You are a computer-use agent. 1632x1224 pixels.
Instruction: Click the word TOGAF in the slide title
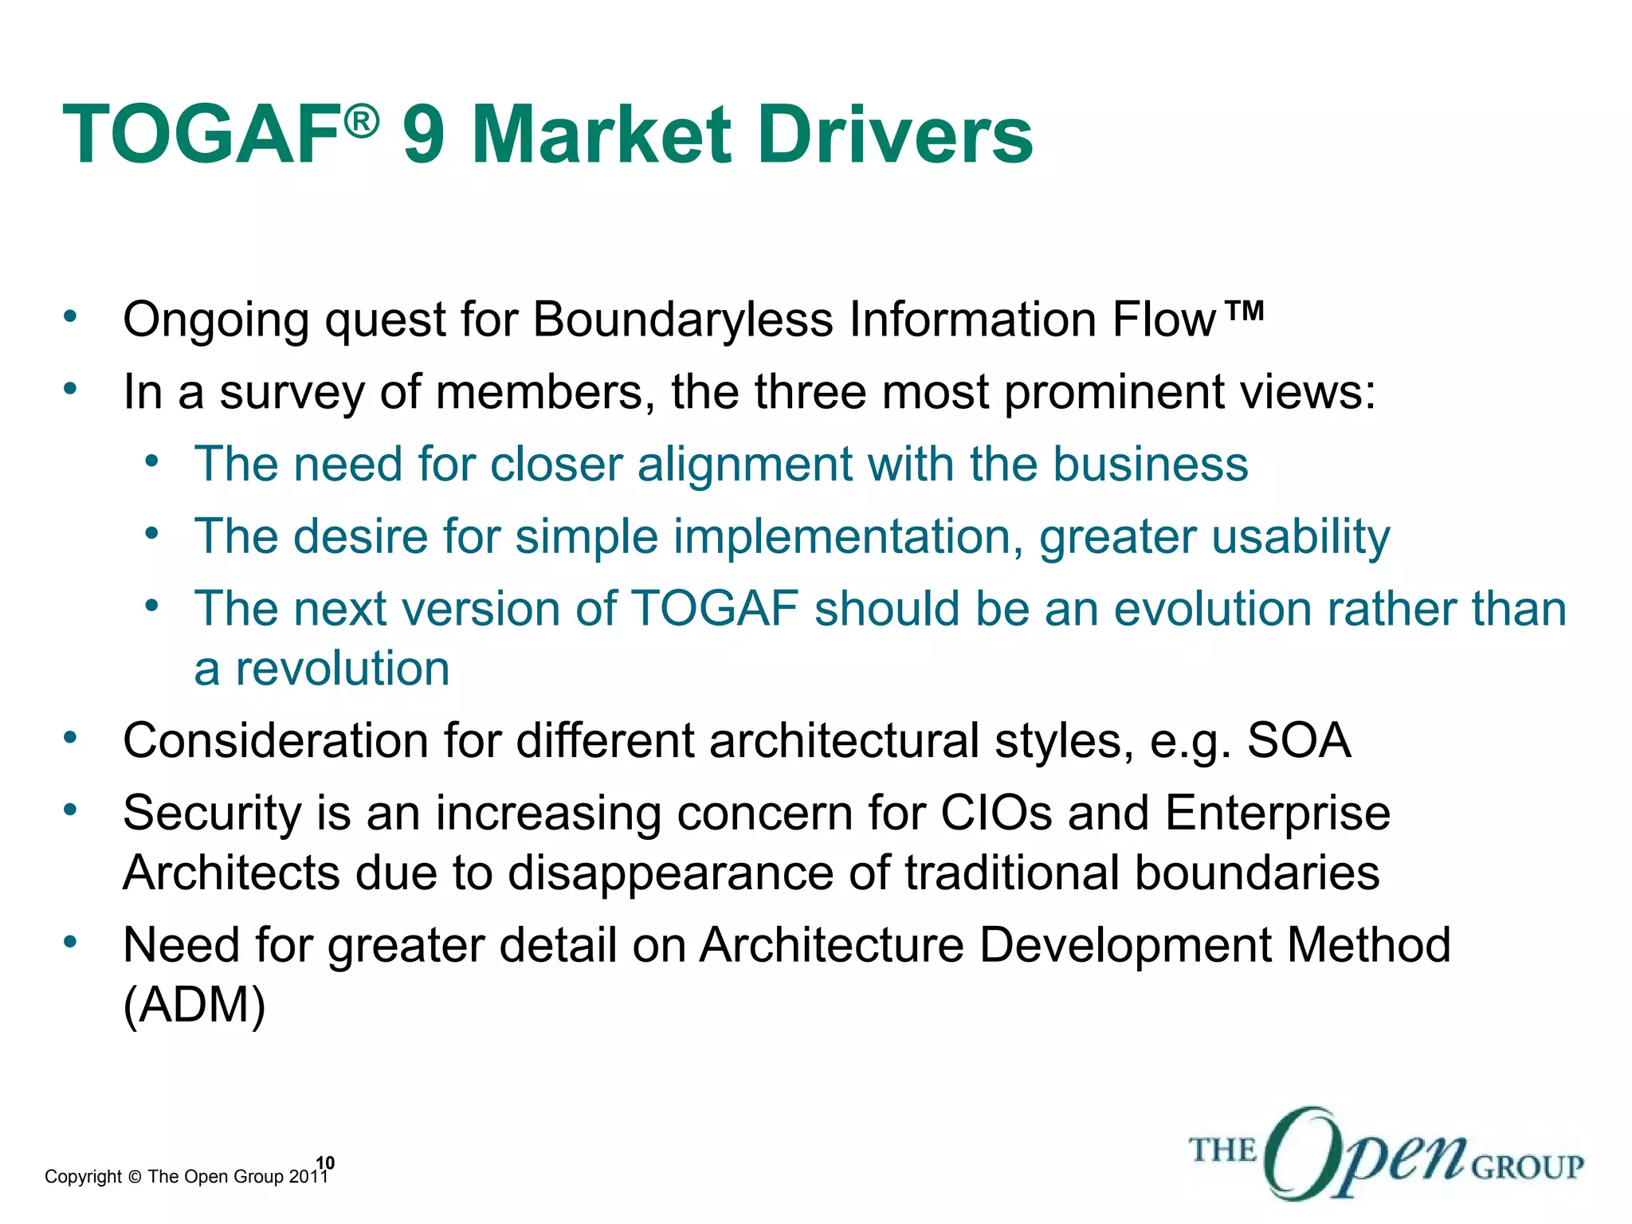(202, 135)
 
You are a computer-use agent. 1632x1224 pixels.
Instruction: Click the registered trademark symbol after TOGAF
(361, 122)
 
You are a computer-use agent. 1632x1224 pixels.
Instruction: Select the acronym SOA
(1298, 740)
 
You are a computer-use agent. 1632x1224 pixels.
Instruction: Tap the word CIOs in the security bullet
(996, 814)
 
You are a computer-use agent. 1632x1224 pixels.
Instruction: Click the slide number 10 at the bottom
(325, 1163)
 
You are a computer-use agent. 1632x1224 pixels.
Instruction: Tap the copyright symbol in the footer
(134, 1177)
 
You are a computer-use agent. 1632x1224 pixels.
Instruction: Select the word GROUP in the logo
(1527, 1167)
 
